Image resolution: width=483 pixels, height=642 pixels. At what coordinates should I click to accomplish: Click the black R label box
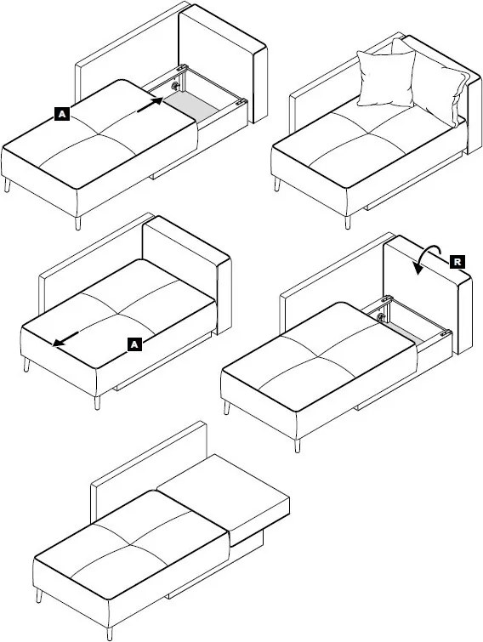(x=457, y=262)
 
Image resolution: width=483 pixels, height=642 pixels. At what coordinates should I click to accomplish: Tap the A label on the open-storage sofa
(x=62, y=113)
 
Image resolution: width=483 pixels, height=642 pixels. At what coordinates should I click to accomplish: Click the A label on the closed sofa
(x=134, y=344)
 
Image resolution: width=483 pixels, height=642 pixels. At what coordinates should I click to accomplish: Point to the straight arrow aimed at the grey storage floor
(x=150, y=105)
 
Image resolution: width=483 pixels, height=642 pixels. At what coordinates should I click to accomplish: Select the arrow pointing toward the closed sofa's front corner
(x=65, y=339)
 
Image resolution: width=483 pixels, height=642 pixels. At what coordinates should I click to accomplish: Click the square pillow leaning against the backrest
(x=386, y=77)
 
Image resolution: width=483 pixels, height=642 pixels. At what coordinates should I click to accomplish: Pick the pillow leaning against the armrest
(x=438, y=84)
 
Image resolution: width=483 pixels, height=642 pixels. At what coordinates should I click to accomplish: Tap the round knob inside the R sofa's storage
(x=381, y=316)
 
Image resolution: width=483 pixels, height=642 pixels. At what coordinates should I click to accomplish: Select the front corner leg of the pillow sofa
(x=348, y=222)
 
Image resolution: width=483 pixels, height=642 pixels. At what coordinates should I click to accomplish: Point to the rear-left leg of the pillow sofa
(x=277, y=184)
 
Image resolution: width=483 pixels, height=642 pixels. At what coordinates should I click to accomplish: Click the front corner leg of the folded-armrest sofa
(x=110, y=633)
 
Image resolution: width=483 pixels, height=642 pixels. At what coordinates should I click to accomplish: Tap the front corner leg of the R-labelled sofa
(x=297, y=446)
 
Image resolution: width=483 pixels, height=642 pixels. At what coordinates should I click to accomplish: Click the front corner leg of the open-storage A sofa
(x=77, y=223)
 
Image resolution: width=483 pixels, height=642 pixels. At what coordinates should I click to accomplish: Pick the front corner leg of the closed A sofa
(x=97, y=402)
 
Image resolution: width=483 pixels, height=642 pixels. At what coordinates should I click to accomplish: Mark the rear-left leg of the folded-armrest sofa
(x=39, y=596)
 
